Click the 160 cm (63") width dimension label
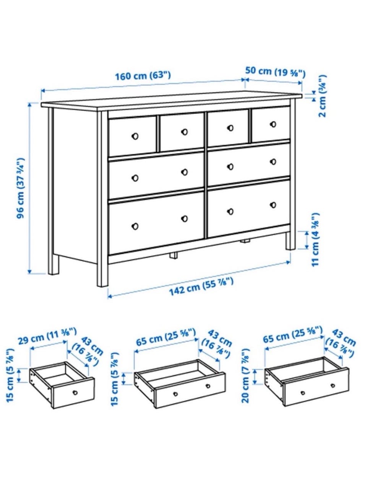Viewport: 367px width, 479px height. (143, 76)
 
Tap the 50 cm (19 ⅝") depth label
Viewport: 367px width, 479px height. (275, 73)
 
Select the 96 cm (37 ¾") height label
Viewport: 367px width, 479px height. (21, 188)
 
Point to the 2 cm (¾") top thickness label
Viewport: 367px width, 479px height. (322, 96)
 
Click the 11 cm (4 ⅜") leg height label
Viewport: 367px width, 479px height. (315, 239)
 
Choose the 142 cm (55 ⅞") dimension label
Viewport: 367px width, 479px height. (201, 287)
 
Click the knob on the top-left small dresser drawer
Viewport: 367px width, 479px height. (135, 136)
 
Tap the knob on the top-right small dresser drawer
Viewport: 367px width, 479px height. (273, 124)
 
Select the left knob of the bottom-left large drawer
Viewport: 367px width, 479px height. (135, 226)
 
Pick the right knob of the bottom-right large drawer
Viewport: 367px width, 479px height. (273, 205)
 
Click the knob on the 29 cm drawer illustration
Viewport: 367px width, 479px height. (75, 393)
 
